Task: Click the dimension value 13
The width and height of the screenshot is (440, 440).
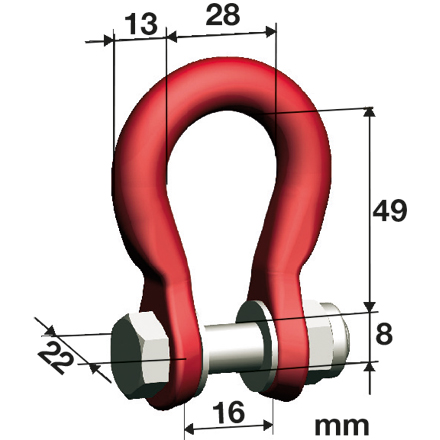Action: click(141, 22)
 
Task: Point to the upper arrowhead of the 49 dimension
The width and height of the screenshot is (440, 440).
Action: click(372, 113)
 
